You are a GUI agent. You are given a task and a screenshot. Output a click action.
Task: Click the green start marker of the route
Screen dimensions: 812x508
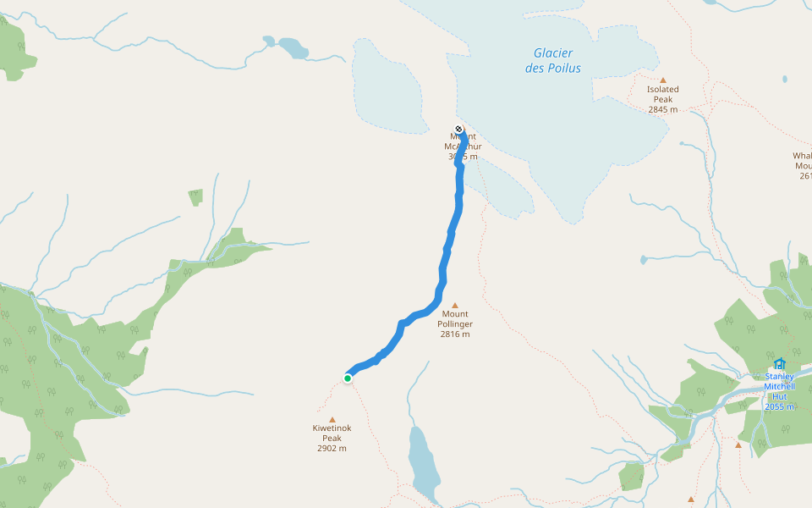click(348, 378)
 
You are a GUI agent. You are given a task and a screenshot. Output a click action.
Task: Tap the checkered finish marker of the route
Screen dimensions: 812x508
click(458, 130)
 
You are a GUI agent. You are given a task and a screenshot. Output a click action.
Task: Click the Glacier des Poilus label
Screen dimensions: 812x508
click(553, 60)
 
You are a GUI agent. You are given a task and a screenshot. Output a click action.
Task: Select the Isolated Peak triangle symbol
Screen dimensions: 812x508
click(663, 80)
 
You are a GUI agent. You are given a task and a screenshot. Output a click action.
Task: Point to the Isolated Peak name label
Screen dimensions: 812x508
click(663, 94)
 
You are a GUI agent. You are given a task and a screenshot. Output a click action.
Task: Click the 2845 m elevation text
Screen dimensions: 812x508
click(663, 109)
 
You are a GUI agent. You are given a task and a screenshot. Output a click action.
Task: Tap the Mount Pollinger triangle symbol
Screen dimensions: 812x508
click(454, 306)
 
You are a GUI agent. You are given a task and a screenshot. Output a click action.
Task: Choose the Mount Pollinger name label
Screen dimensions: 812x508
click(455, 319)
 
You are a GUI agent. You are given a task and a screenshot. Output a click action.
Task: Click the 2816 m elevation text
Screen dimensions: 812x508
click(455, 334)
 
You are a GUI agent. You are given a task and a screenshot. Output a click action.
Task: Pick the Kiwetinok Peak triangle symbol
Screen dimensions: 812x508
click(332, 419)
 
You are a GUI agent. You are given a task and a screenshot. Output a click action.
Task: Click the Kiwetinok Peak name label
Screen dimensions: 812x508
click(332, 433)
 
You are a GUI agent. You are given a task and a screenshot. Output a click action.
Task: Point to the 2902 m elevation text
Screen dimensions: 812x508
click(332, 449)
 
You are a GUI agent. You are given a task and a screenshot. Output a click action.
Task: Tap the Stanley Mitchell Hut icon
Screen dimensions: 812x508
click(779, 364)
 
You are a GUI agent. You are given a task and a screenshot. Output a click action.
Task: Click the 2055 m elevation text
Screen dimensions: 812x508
click(779, 407)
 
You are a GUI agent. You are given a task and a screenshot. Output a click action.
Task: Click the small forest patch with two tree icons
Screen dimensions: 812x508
click(195, 197)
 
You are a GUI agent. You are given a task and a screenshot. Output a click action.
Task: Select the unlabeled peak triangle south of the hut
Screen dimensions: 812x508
click(738, 445)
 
